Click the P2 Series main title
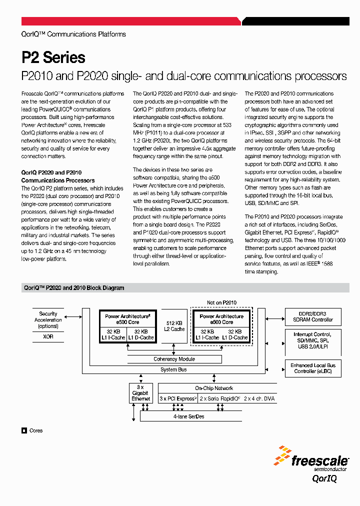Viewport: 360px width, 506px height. click(x=53, y=57)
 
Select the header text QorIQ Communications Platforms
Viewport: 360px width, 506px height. click(x=73, y=34)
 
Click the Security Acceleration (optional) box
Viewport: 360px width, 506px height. click(x=48, y=320)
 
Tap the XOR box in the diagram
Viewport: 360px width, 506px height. click(x=48, y=337)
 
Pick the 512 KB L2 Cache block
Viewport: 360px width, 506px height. click(x=174, y=326)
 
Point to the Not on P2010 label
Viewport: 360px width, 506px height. click(x=221, y=302)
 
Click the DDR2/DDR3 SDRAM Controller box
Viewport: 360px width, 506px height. click(x=312, y=316)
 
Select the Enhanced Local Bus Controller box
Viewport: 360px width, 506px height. click(x=312, y=368)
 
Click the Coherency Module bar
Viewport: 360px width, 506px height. click(x=174, y=359)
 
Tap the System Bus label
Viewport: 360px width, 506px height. click(x=173, y=369)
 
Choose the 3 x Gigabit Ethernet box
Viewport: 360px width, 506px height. click(x=140, y=393)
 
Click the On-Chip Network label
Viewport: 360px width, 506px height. click(x=214, y=388)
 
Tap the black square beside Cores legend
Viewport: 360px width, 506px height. click(x=24, y=430)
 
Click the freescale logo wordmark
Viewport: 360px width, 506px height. click(x=320, y=460)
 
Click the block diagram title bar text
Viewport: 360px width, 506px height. click(x=74, y=288)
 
